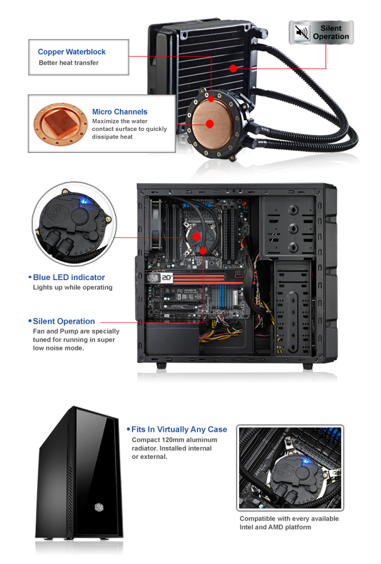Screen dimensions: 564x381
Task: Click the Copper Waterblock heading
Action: click(x=72, y=52)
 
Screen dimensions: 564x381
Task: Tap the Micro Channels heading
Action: click(x=120, y=111)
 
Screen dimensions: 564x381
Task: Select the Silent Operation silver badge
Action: click(x=322, y=32)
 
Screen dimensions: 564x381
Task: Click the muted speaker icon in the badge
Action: click(x=302, y=32)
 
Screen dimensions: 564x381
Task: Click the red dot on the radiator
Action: click(x=233, y=67)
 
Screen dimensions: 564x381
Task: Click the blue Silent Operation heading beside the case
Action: click(x=64, y=321)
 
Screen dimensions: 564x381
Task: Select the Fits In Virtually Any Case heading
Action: click(x=179, y=429)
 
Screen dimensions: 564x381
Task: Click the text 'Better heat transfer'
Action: click(x=68, y=63)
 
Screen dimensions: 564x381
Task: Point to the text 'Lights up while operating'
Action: click(x=72, y=288)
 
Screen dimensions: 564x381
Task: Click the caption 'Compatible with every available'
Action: click(x=289, y=519)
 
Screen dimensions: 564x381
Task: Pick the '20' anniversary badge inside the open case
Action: click(x=167, y=276)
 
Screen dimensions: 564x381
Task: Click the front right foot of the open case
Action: click(x=307, y=366)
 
